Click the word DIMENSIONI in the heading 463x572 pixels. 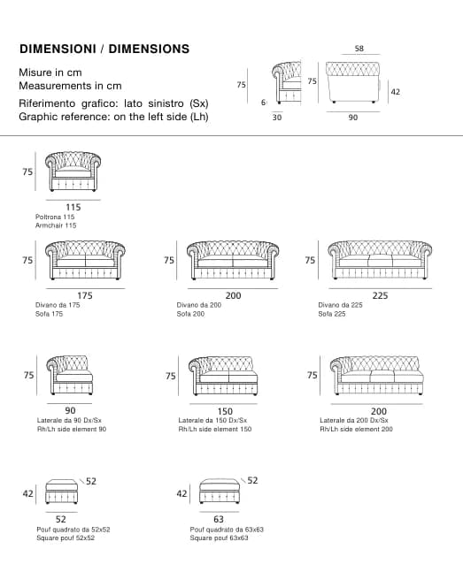[58, 49]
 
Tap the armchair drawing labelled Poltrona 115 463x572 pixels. [73, 172]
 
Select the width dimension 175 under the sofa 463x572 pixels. [85, 295]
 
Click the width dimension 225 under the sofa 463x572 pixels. [380, 295]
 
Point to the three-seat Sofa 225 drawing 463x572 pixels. [380, 260]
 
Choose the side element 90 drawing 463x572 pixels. [70, 376]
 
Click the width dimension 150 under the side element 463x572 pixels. [225, 411]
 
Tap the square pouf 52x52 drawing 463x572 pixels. [61, 492]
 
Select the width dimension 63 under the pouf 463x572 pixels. [219, 519]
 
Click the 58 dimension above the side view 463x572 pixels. [359, 49]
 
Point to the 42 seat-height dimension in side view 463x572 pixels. [396, 92]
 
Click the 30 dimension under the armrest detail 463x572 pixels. [277, 117]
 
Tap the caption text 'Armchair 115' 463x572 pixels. [56, 225]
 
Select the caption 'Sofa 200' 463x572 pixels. [190, 314]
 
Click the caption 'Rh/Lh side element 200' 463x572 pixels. [356, 429]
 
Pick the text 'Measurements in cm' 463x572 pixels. [70, 86]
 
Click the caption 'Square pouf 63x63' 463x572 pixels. [219, 538]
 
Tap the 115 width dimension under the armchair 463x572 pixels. [73, 207]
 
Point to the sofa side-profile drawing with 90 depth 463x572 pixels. [353, 82]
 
